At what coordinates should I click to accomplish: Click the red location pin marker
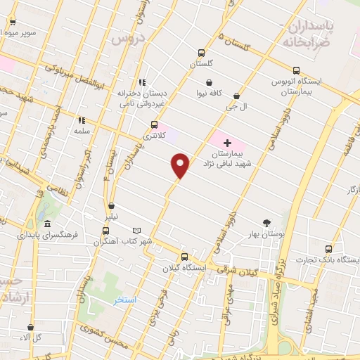click(181, 165)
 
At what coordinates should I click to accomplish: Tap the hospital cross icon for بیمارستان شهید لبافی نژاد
click(226, 143)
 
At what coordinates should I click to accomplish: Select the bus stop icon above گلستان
click(202, 53)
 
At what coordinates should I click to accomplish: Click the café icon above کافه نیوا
click(210, 82)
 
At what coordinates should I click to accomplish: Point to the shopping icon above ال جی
click(236, 96)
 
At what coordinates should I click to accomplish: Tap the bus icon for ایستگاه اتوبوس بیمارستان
click(297, 70)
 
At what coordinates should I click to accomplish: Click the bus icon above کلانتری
click(154, 124)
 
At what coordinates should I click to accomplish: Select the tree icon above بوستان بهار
click(266, 222)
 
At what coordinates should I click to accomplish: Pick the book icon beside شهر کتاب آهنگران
click(136, 231)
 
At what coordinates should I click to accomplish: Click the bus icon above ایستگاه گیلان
click(184, 257)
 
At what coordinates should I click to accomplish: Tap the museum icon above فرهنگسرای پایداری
click(47, 224)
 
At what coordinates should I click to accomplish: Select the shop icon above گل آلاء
click(30, 327)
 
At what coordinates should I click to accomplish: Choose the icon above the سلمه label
click(82, 120)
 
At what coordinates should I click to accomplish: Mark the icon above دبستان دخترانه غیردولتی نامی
click(143, 82)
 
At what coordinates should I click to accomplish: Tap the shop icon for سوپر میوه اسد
click(12, 22)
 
